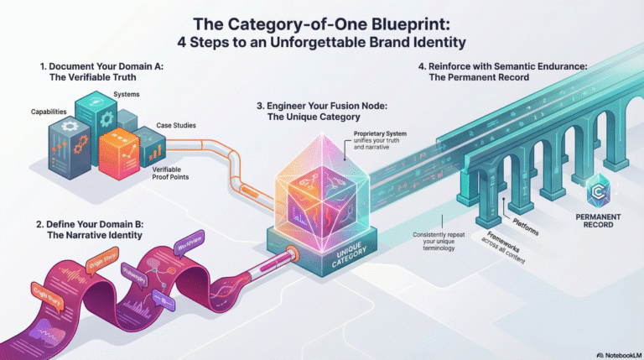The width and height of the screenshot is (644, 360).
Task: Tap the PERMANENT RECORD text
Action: pyautogui.click(x=599, y=221)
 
